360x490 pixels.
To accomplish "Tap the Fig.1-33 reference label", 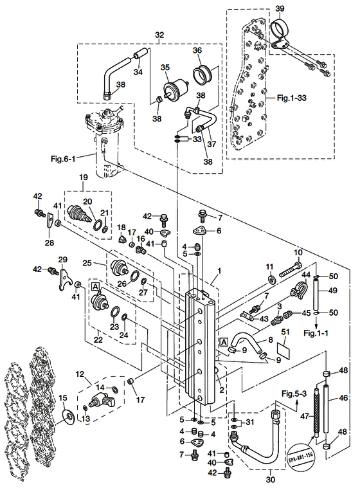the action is pyautogui.click(x=292, y=98).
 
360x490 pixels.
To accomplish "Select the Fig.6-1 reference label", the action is pyautogui.click(x=63, y=159).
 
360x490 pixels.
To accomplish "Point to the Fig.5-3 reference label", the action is pyautogui.click(x=294, y=394).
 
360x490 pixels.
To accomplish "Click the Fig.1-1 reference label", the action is pyautogui.click(x=316, y=333).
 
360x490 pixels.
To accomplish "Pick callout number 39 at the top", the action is pyautogui.click(x=280, y=9).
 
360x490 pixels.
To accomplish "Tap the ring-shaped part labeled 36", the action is pyautogui.click(x=203, y=75).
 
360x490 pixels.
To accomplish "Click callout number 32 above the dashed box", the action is pyautogui.click(x=159, y=35).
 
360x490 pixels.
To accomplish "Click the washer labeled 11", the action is pyautogui.click(x=271, y=280).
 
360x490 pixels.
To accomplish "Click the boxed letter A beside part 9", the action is pyautogui.click(x=224, y=343).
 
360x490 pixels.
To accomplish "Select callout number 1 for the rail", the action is pyautogui.click(x=219, y=271).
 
